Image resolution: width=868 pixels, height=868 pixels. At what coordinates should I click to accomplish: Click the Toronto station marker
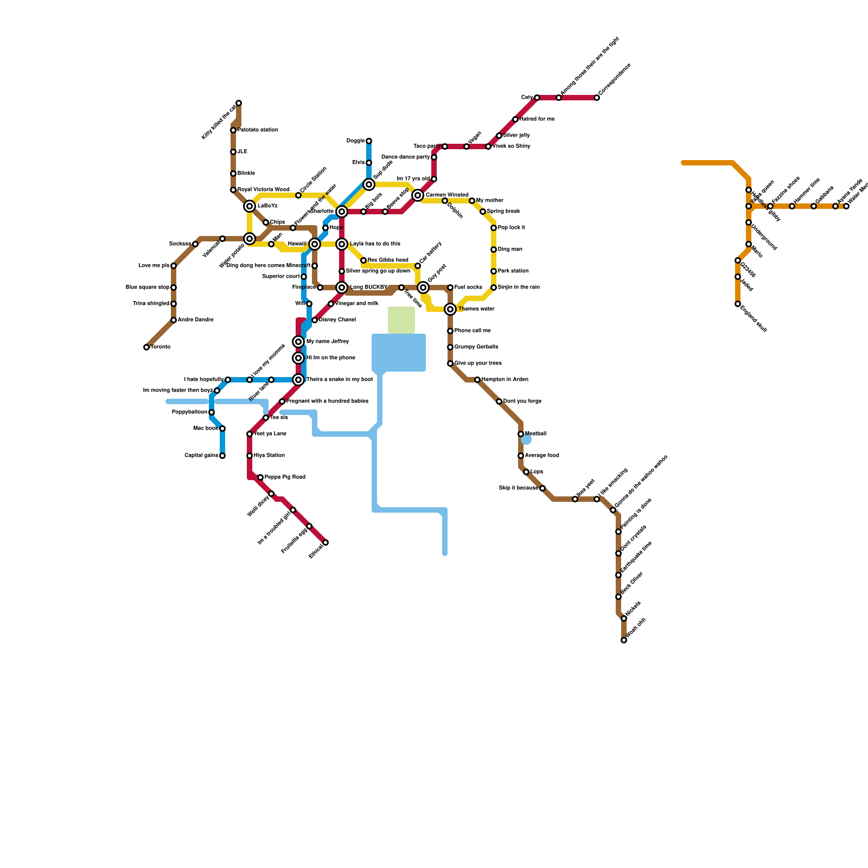tap(146, 347)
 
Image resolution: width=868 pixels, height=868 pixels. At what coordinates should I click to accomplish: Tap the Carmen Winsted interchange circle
tap(418, 195)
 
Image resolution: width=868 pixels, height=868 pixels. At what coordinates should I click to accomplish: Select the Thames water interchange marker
tap(450, 309)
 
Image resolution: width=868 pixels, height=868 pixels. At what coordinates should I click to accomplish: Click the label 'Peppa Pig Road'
tap(285, 477)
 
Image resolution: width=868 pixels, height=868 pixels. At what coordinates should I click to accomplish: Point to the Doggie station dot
tap(369, 141)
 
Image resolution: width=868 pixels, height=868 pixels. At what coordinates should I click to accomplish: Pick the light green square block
tap(401, 320)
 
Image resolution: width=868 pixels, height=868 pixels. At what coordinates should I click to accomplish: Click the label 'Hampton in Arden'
tap(505, 380)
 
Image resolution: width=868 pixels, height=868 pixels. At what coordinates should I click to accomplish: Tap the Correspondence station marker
tap(597, 98)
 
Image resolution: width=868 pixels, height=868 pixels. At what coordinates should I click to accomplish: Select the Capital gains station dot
tap(222, 456)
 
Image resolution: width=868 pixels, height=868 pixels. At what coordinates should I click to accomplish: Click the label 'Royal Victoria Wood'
tap(264, 190)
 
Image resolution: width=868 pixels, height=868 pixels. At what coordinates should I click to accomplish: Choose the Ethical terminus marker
tap(325, 542)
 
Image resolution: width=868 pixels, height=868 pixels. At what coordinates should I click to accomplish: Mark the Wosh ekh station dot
tap(624, 640)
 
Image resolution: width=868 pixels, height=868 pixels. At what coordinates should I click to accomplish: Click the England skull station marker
tap(738, 304)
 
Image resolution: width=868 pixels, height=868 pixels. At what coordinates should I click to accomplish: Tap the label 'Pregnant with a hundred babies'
tap(327, 401)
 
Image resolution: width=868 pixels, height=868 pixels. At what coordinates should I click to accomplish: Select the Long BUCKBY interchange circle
tap(342, 288)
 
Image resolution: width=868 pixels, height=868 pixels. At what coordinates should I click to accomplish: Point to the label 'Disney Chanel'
tap(337, 320)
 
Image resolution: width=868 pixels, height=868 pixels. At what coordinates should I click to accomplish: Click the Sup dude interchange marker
tap(369, 184)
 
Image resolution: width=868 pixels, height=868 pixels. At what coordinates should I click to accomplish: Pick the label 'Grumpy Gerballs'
tap(476, 347)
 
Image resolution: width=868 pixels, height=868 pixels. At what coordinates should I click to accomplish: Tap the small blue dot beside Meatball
tap(526, 439)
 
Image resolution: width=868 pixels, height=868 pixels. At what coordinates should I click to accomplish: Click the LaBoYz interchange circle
tap(250, 206)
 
